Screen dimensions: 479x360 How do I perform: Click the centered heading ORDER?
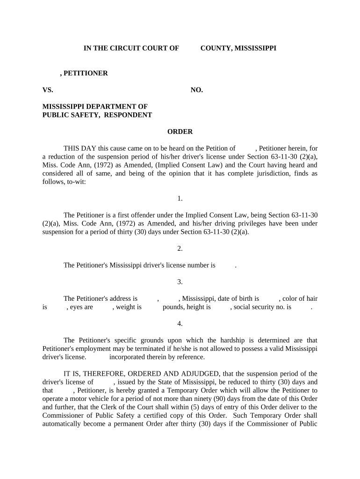(180, 131)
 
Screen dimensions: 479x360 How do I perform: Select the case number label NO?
(196, 90)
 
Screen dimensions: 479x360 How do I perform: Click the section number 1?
(180, 198)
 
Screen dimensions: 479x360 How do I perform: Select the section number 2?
(180, 248)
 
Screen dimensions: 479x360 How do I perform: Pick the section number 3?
(180, 282)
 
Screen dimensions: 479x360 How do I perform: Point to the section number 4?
(180, 324)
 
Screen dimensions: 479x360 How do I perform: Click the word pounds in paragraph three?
(173, 307)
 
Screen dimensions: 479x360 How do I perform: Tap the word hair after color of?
(311, 298)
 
